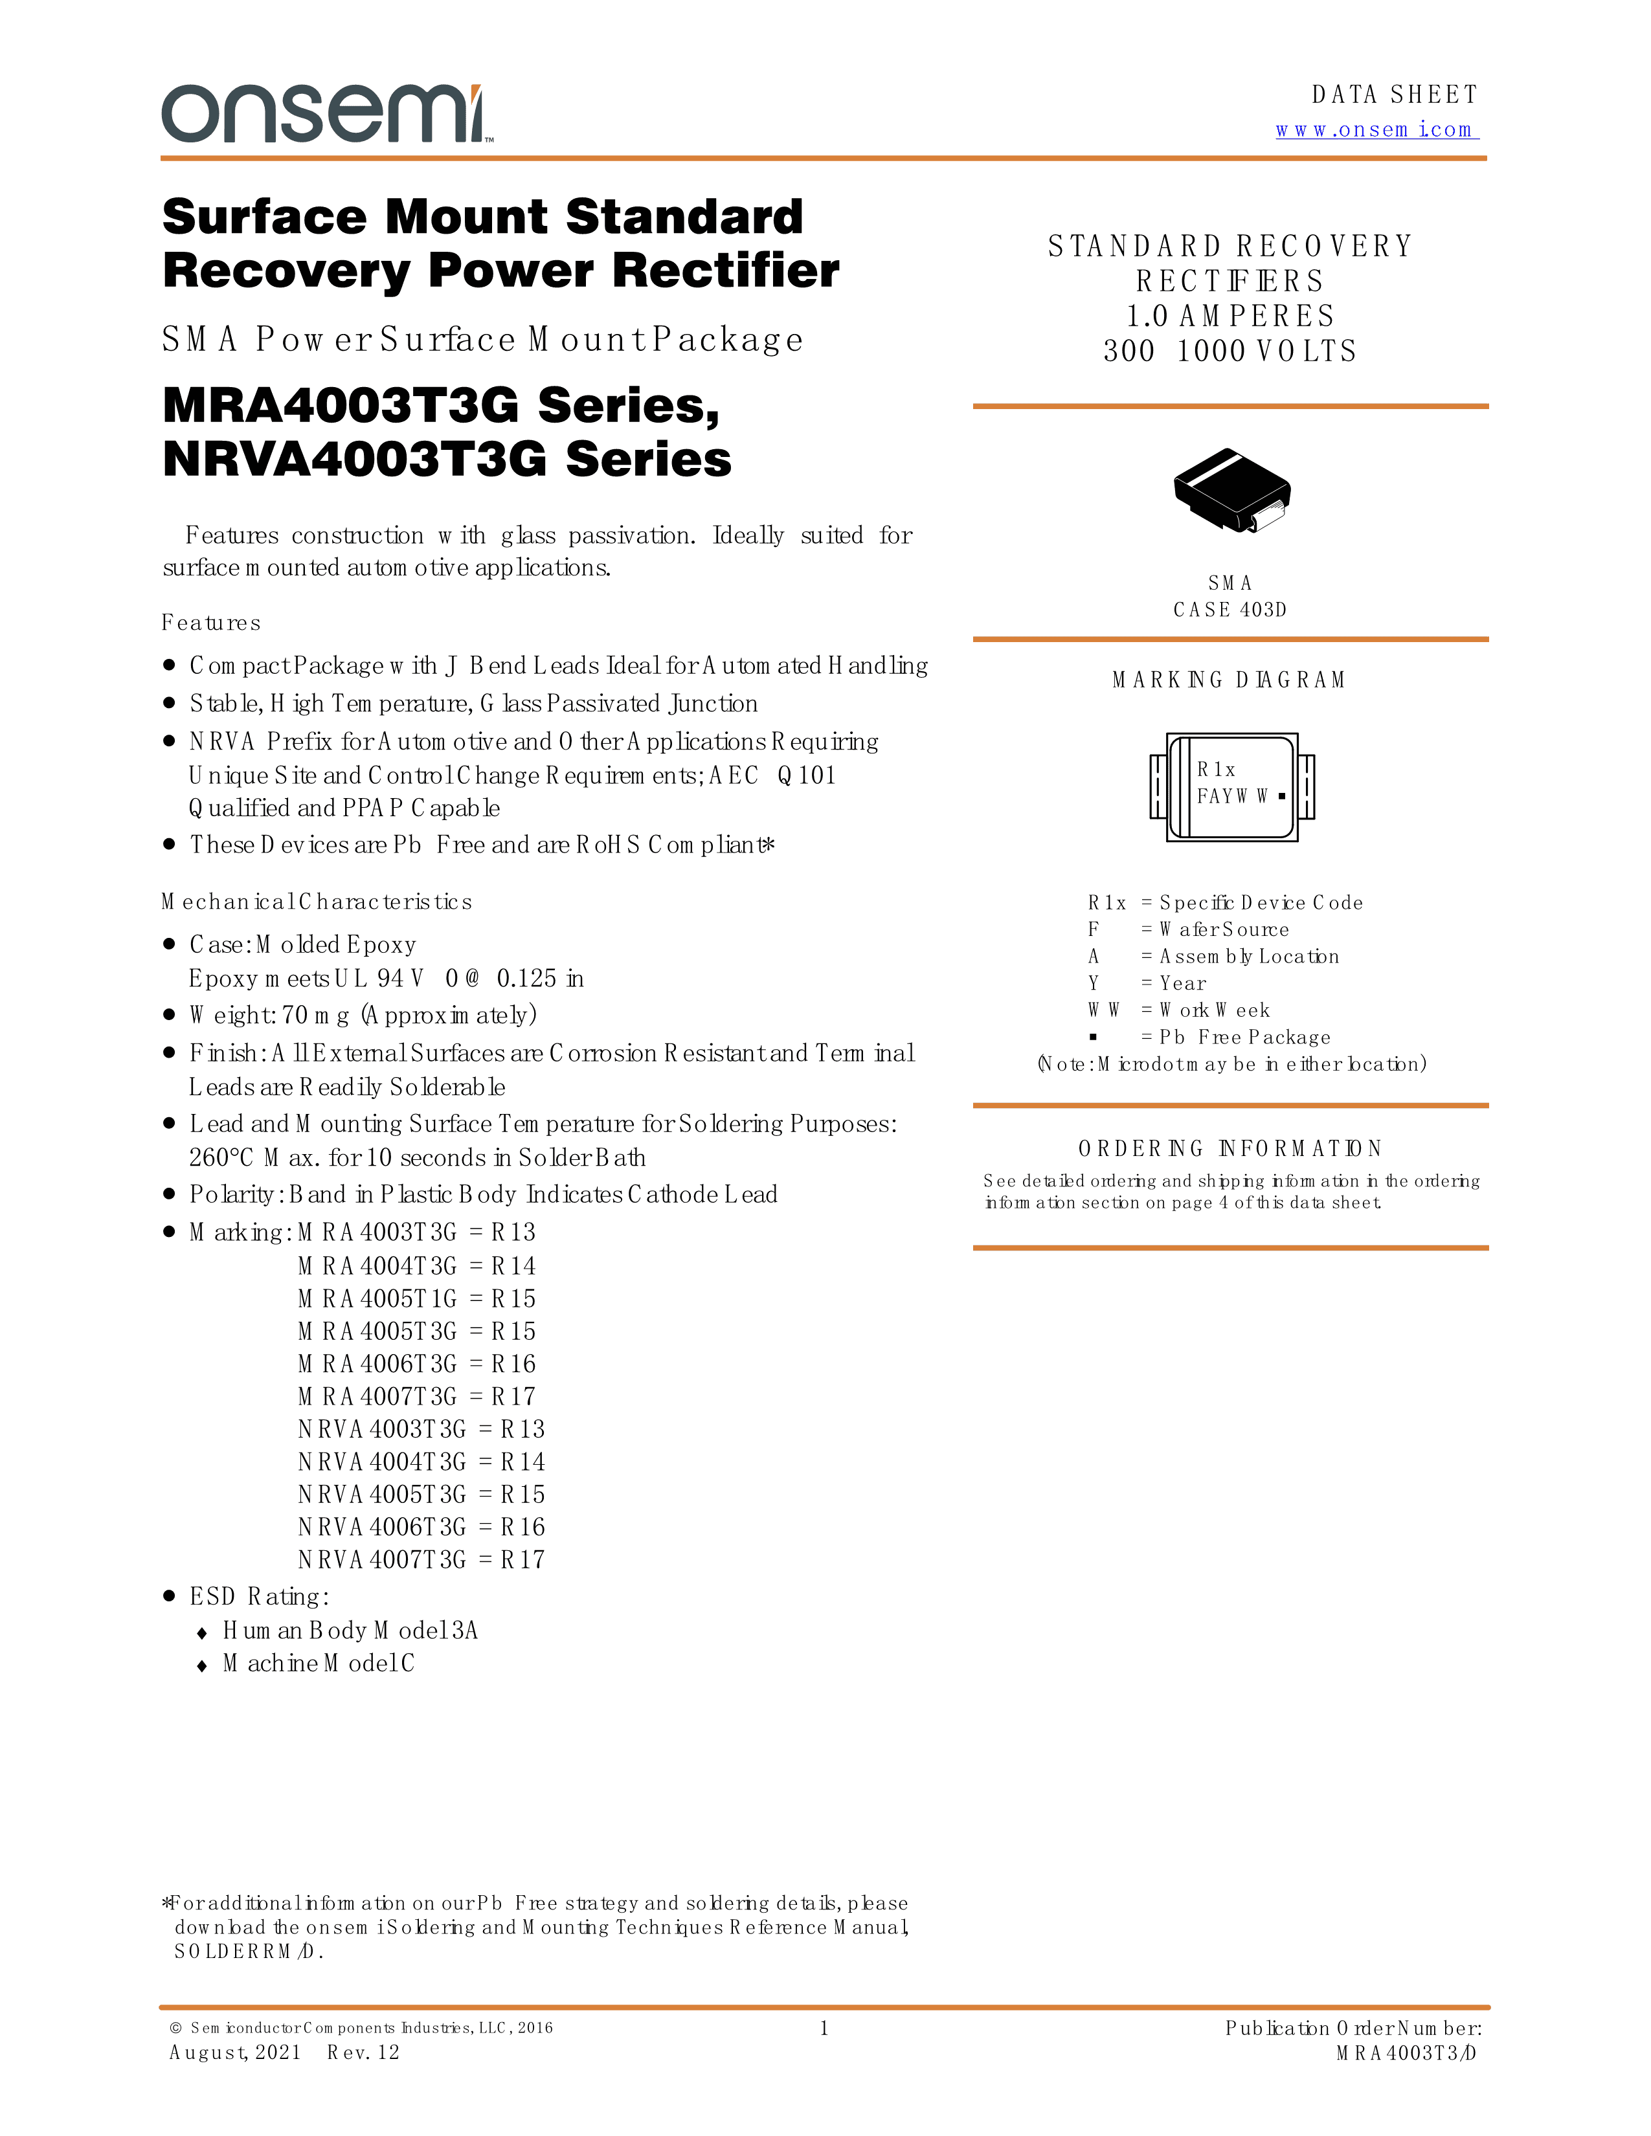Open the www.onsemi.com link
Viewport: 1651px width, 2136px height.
(x=1376, y=130)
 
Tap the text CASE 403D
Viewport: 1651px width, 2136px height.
(x=1230, y=610)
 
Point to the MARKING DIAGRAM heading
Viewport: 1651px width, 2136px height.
(x=1228, y=680)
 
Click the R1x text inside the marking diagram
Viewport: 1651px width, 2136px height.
(x=1216, y=770)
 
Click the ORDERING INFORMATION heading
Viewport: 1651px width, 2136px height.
(x=1230, y=1148)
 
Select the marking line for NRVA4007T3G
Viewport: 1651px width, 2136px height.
(x=421, y=1560)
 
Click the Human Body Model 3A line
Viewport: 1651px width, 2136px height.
(x=349, y=1630)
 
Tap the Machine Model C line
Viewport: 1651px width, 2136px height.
(x=318, y=1663)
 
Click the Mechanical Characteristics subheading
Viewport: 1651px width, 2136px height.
(x=317, y=902)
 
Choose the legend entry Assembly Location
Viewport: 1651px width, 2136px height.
(x=1249, y=957)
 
